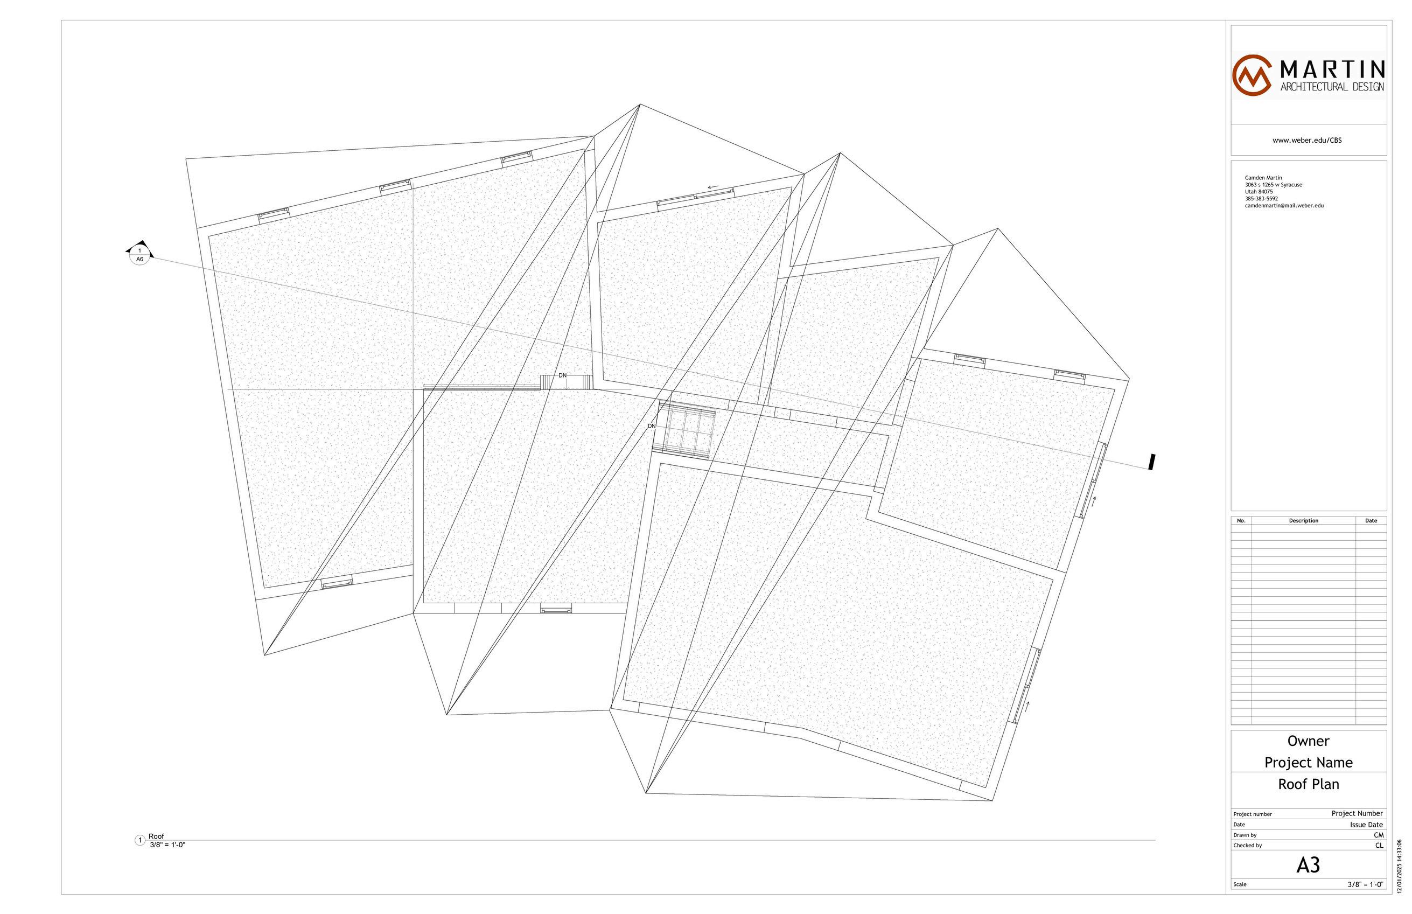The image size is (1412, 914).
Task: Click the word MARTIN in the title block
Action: [x=1332, y=70]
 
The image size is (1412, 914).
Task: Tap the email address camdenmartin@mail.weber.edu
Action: [x=1284, y=206]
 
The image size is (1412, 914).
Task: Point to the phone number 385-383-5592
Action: [x=1261, y=199]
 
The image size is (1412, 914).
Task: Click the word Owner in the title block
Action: [x=1308, y=741]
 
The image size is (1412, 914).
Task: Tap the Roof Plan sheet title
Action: [x=1308, y=785]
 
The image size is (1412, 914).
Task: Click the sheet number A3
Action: [x=1308, y=866]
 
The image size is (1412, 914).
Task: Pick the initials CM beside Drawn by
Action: [x=1378, y=835]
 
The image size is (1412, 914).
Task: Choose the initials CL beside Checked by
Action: [x=1379, y=846]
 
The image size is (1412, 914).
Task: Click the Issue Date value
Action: [x=1366, y=825]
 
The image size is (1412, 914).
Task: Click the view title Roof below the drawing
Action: [x=156, y=836]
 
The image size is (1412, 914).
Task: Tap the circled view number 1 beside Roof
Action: [x=140, y=840]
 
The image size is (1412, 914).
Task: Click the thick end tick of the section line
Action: [x=1151, y=462]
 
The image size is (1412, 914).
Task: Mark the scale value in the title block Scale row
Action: [x=1365, y=884]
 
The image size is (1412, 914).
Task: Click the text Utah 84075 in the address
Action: [x=1259, y=192]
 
